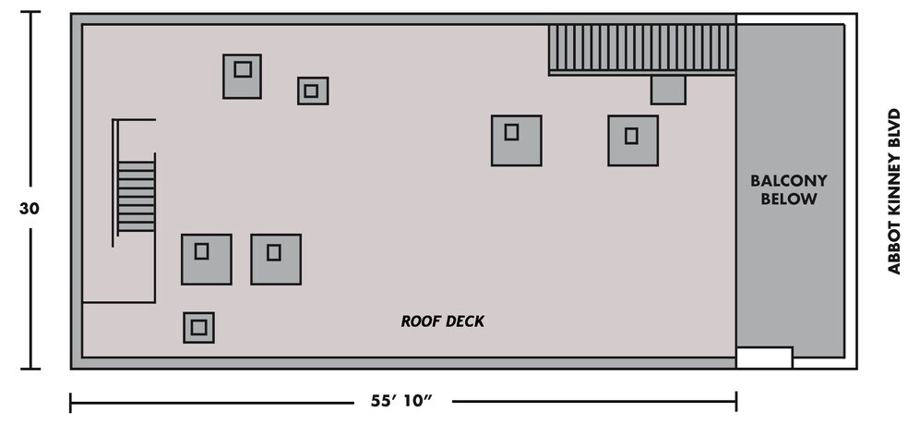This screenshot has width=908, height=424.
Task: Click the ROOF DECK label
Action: pyautogui.click(x=442, y=321)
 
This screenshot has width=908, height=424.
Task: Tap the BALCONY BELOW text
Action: pyautogui.click(x=788, y=189)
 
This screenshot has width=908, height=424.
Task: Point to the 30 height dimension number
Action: pyautogui.click(x=30, y=209)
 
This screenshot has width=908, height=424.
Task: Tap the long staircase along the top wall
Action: pyautogui.click(x=641, y=49)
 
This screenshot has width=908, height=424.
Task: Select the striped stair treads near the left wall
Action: pyautogui.click(x=136, y=198)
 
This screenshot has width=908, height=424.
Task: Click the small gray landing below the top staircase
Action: pyautogui.click(x=667, y=90)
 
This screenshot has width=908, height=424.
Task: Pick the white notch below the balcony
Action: pyautogui.click(x=764, y=357)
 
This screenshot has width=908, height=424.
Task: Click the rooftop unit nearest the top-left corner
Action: pyautogui.click(x=242, y=76)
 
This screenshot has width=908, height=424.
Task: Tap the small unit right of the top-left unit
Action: pyautogui.click(x=312, y=91)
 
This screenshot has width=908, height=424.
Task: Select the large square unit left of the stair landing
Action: pyautogui.click(x=516, y=140)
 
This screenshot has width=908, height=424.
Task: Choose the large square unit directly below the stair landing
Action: pyautogui.click(x=632, y=140)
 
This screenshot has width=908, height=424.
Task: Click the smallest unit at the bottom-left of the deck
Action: pyautogui.click(x=198, y=327)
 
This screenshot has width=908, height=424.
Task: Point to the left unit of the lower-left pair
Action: pyautogui.click(x=206, y=259)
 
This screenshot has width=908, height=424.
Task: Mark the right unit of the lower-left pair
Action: pyautogui.click(x=275, y=259)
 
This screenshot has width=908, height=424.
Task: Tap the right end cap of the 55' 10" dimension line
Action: pyautogui.click(x=735, y=402)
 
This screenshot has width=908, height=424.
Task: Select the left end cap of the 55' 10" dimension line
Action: pyautogui.click(x=71, y=402)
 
